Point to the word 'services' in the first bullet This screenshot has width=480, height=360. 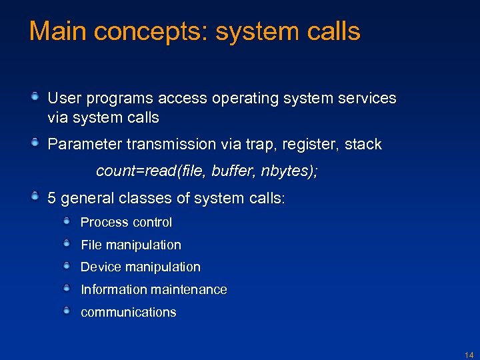368,98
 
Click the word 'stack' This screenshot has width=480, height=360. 363,145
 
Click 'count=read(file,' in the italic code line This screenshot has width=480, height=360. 151,171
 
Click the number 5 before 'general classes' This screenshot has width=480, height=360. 52,198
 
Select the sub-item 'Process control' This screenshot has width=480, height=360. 126,223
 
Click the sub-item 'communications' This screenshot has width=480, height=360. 128,313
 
